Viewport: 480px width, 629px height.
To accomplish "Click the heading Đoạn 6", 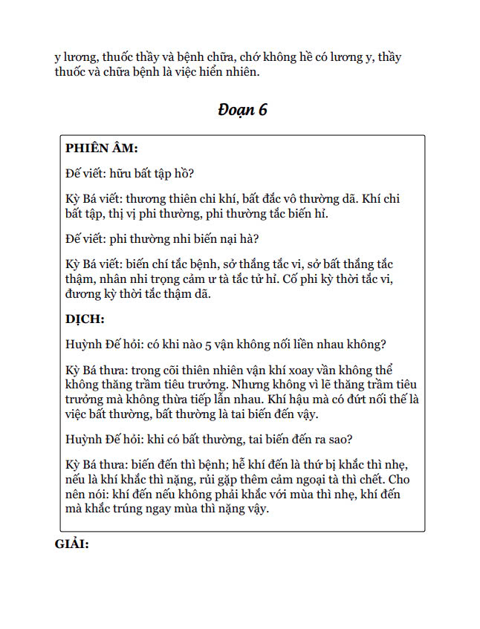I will (242, 110).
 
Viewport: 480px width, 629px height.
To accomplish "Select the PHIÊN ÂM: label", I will (101, 148).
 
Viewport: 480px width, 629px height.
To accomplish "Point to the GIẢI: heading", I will (72, 544).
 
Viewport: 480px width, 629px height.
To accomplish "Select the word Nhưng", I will (254, 384).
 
